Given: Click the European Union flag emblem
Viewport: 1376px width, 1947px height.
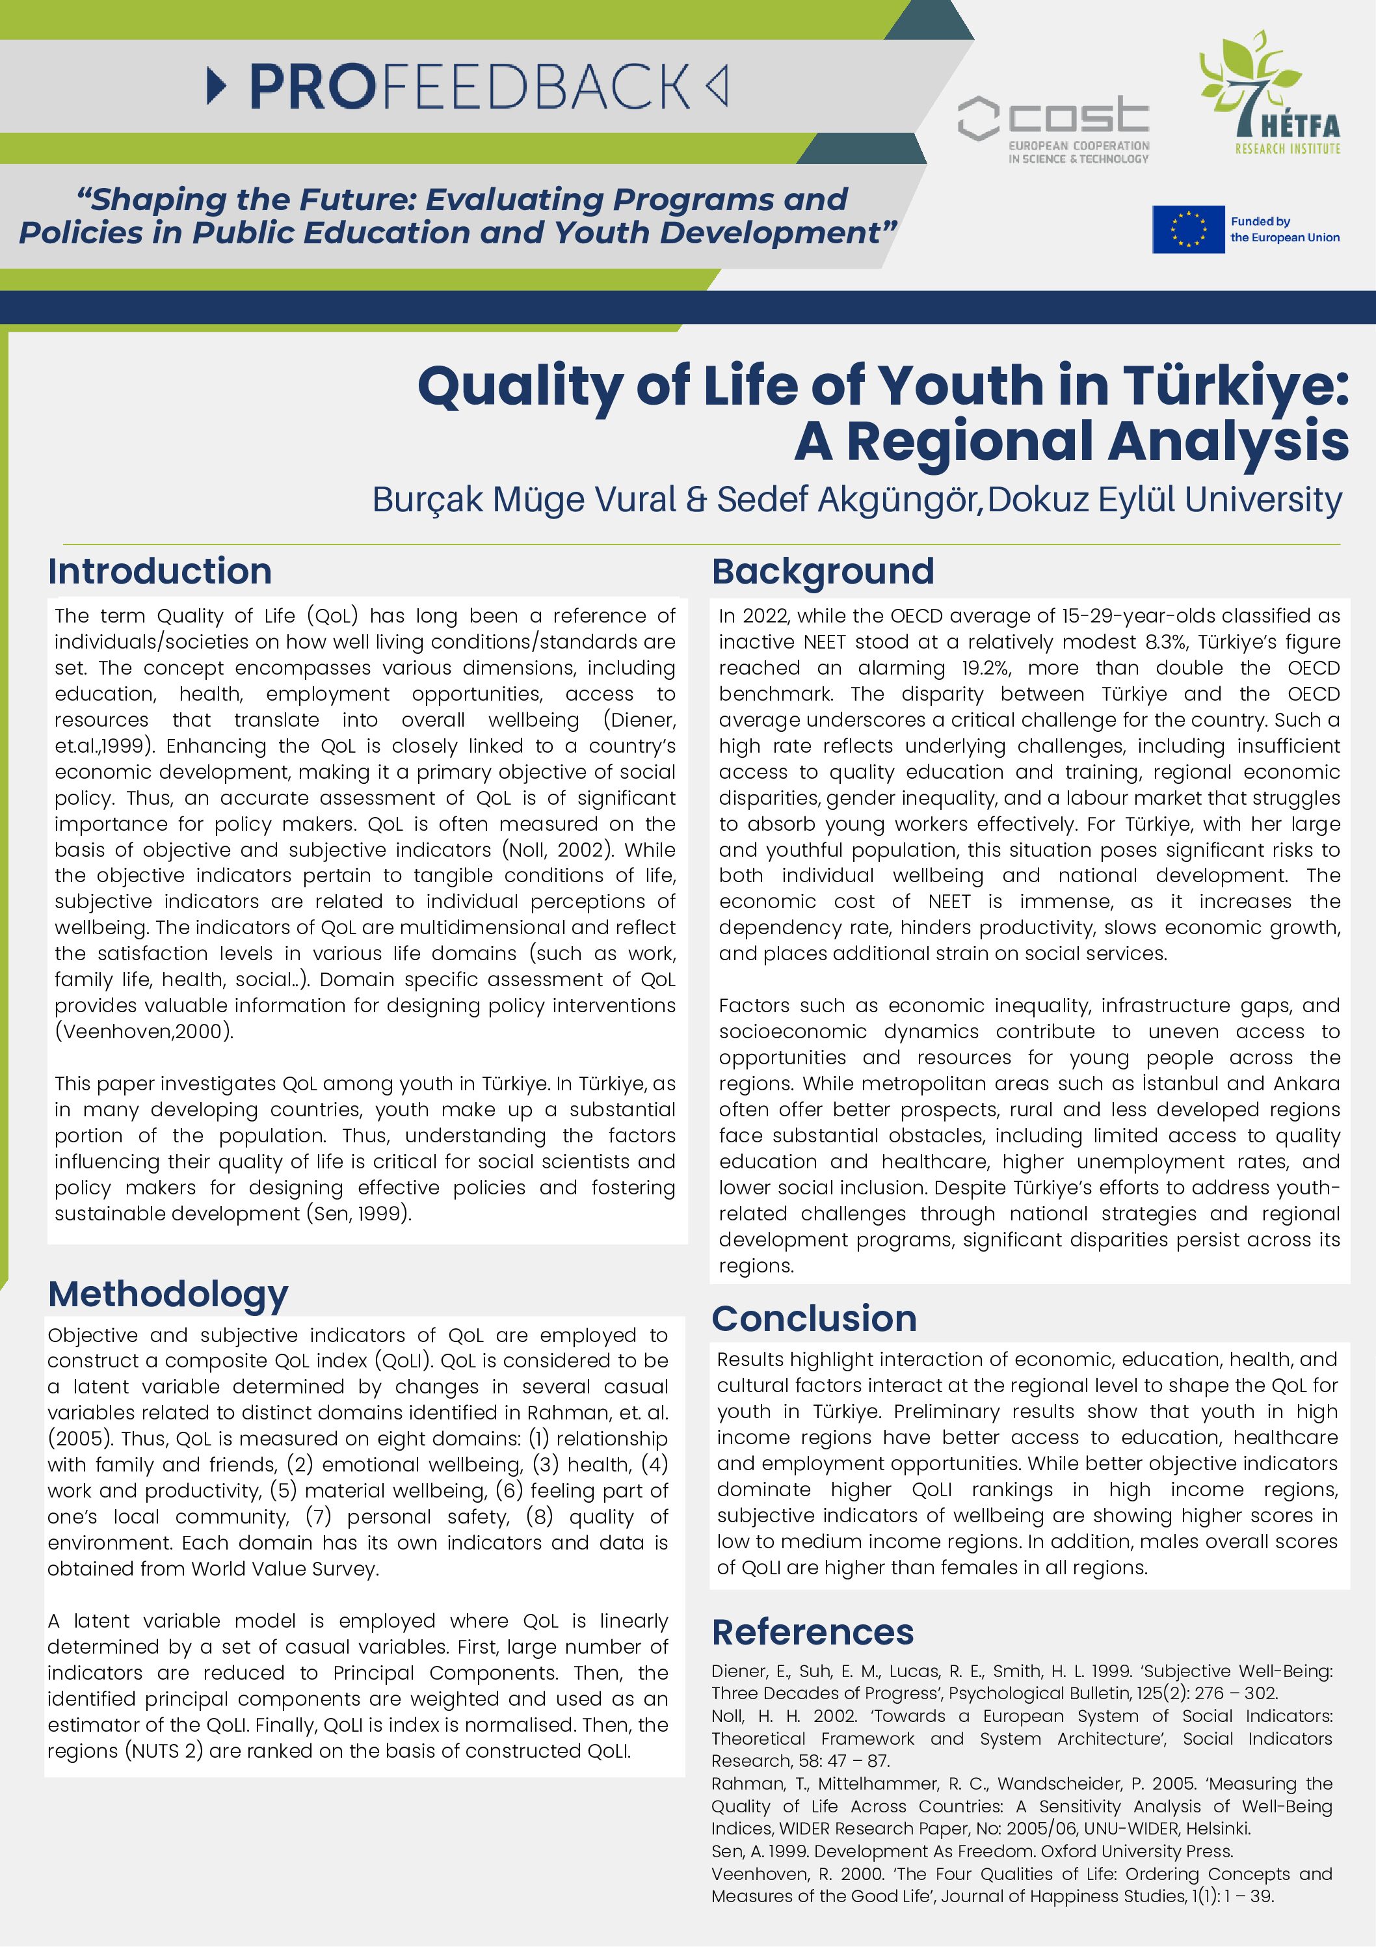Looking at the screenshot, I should coord(1188,229).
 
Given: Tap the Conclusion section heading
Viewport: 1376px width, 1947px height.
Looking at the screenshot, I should coord(814,1318).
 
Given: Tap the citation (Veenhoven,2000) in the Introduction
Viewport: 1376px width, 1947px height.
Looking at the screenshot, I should coord(144,1031).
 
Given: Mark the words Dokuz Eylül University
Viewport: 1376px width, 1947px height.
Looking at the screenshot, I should coord(1164,500).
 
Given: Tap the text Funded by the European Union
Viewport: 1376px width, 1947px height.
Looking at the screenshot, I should coord(1284,229).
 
